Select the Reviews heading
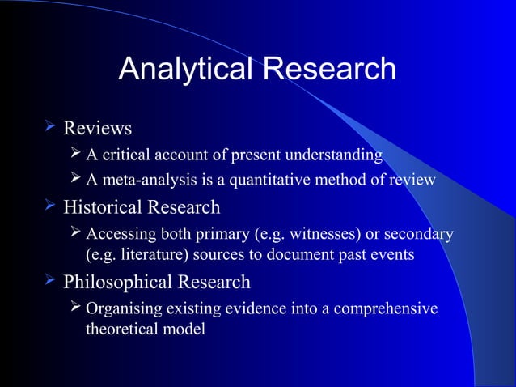click(97, 129)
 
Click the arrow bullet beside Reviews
click(51, 127)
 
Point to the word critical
click(126, 155)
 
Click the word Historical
click(103, 207)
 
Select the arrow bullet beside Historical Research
click(51, 206)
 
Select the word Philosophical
click(116, 283)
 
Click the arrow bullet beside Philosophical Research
click(51, 281)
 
